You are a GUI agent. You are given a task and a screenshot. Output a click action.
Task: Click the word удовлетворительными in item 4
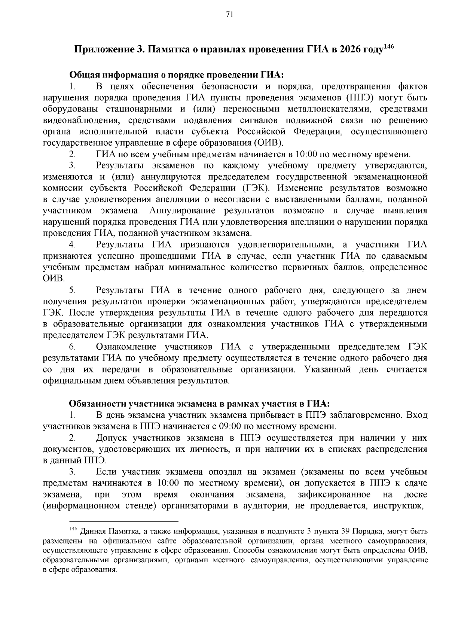pos(285,245)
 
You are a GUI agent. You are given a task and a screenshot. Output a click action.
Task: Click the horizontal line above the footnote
pos(124,521)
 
